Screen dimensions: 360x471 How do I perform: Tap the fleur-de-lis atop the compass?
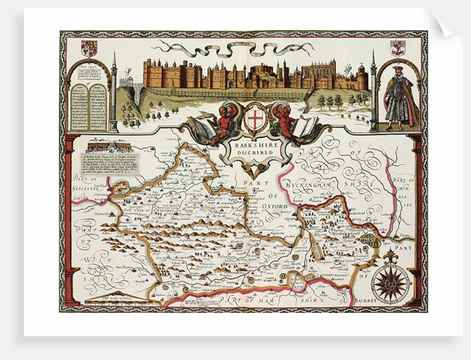coord(390,256)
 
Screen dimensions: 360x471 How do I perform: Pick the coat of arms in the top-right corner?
coord(398,48)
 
